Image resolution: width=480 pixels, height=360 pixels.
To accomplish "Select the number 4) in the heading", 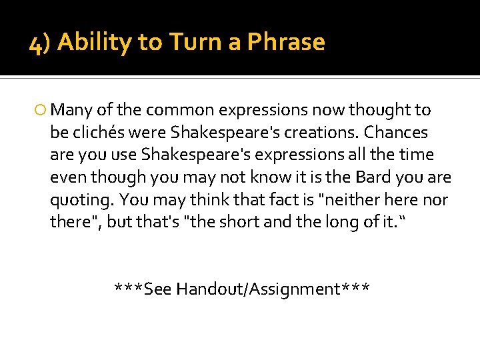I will (x=41, y=44).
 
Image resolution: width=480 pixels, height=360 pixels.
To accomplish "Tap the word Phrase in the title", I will (x=286, y=43).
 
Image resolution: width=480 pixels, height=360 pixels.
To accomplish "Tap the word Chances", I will (x=399, y=132).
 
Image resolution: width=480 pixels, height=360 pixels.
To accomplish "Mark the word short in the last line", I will (x=237, y=222).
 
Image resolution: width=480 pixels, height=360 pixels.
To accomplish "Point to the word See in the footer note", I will (x=158, y=289).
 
